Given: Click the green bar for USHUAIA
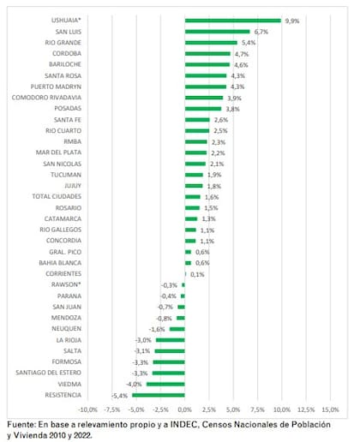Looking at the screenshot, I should click(232, 21).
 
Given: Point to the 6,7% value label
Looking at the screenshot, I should click(260, 32).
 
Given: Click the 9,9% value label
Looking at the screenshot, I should click(291, 21).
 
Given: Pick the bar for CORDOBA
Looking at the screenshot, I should click(207, 54).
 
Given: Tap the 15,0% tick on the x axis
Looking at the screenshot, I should click(330, 409).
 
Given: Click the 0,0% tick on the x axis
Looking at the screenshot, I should click(185, 409).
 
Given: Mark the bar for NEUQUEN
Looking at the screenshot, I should click(177, 329).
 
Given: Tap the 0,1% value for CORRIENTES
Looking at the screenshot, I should click(197, 273).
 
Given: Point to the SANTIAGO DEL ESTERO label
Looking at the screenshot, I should click(50, 373).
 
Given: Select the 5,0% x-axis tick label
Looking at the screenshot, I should click(233, 409).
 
